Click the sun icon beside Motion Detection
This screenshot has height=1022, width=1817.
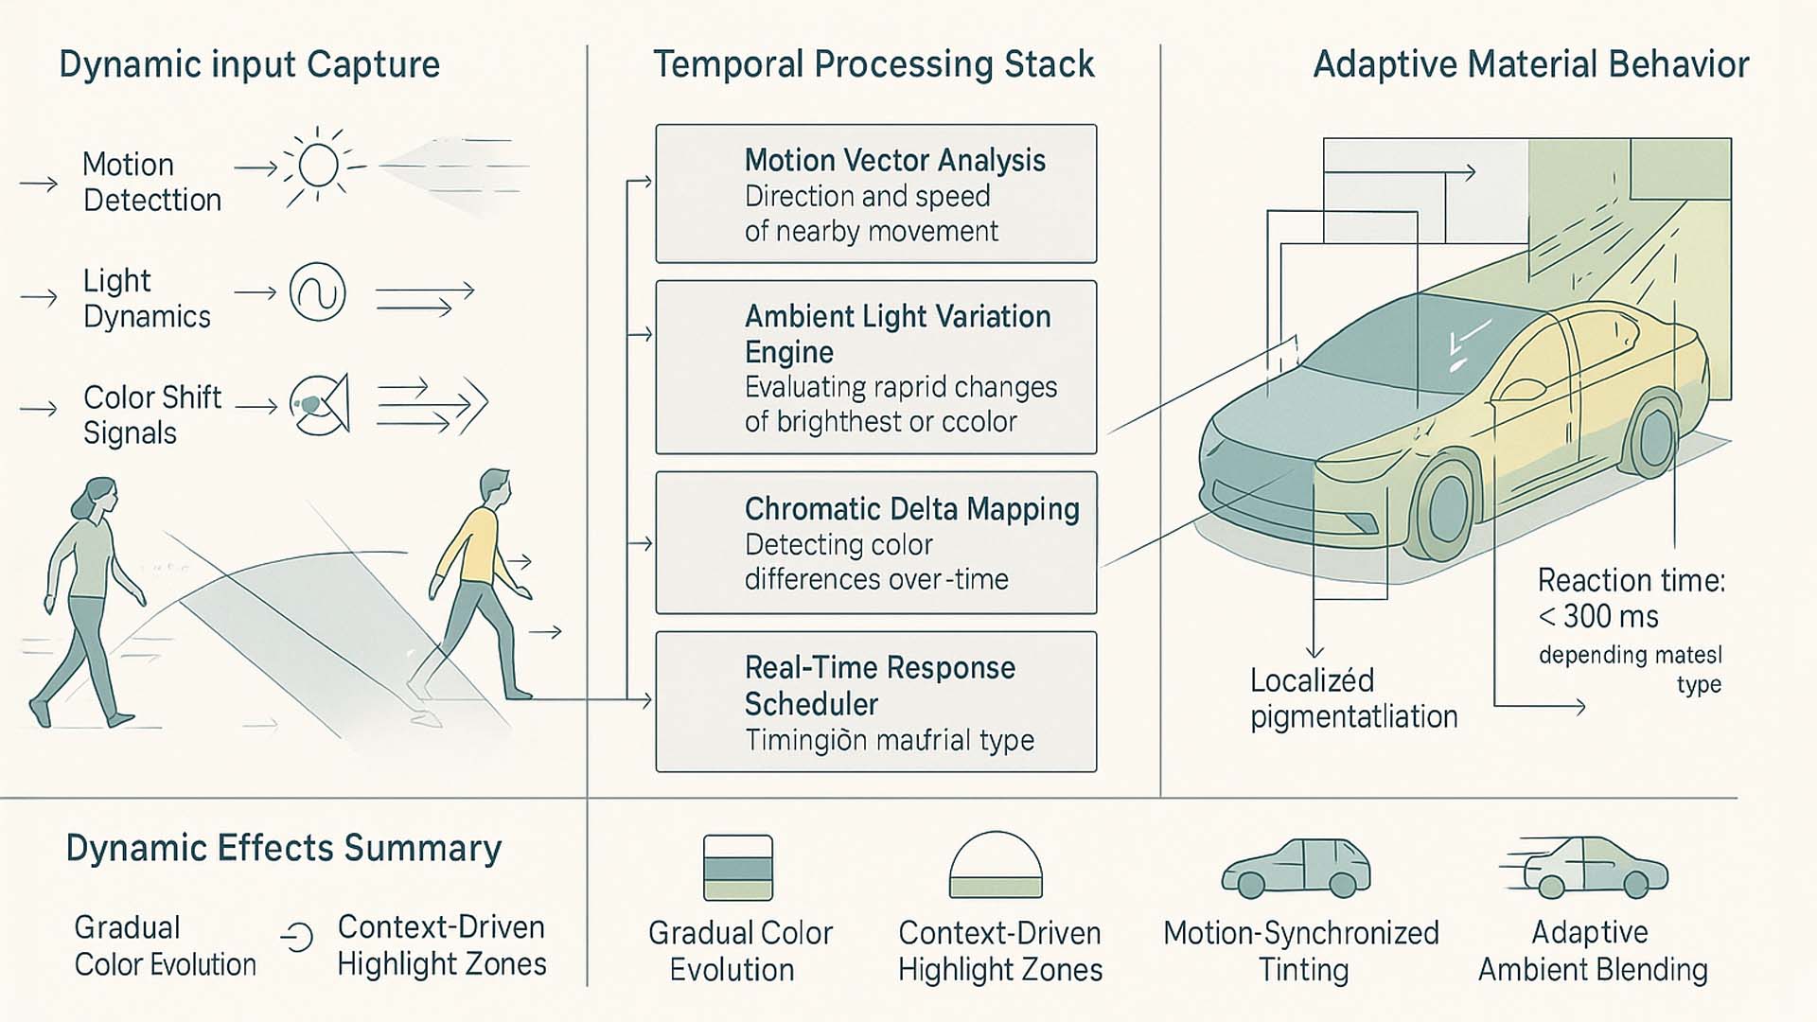click(318, 167)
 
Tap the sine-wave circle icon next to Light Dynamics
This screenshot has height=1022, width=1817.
click(318, 292)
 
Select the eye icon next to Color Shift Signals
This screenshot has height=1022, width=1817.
click(320, 405)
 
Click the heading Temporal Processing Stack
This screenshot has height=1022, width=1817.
click(873, 64)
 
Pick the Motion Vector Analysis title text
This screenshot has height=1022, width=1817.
click(894, 160)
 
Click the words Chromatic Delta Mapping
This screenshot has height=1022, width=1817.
click(911, 509)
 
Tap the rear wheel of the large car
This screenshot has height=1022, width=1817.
click(1655, 438)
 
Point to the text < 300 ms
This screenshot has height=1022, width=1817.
click(1598, 617)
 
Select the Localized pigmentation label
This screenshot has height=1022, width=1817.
click(1352, 698)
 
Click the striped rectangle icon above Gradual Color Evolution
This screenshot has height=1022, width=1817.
click(738, 867)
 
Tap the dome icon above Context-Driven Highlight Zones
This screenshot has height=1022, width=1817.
click(996, 865)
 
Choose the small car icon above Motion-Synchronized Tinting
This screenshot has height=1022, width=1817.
click(1297, 868)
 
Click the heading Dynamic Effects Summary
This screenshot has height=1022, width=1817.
click(283, 849)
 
